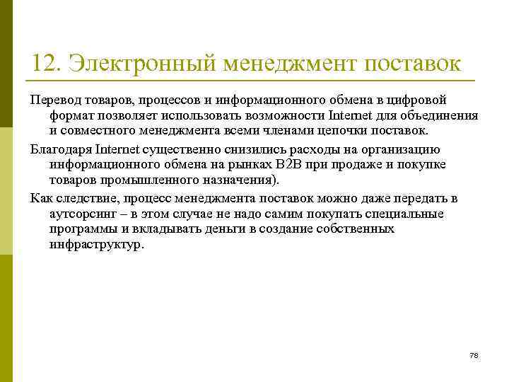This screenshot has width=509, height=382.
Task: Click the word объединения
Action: point(438,116)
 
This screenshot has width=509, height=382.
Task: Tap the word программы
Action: point(83,229)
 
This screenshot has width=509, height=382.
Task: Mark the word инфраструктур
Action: point(95,245)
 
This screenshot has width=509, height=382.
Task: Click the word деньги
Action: point(230,229)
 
